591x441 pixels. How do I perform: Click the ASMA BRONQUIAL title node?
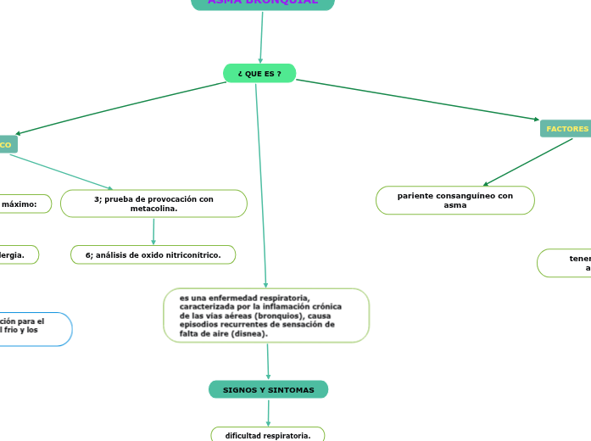pos(263,3)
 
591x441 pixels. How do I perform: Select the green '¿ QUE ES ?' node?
pos(259,74)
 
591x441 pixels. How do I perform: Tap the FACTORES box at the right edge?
pos(566,129)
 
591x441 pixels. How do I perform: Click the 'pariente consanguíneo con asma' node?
pos(455,200)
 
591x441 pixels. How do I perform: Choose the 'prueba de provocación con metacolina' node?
pos(153,204)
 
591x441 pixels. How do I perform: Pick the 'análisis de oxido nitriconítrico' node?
pos(153,254)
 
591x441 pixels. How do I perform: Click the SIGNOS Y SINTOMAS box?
pos(268,390)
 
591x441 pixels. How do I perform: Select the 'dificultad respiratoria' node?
pos(268,435)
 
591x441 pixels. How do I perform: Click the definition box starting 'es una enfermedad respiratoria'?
pos(266,315)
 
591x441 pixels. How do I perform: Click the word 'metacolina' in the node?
pos(153,209)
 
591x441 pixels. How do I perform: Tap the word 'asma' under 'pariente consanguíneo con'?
pos(455,205)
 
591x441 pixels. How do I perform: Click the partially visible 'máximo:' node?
pos(25,204)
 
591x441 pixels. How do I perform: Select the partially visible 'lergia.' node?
pos(18,254)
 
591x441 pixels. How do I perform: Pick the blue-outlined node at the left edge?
pos(34,329)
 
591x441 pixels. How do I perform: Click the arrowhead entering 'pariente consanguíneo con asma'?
pos(484,184)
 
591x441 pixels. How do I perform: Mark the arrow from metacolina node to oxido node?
pos(153,232)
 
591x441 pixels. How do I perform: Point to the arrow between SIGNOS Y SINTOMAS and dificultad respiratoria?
pos(269,413)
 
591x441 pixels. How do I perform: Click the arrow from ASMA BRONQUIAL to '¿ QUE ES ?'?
pos(262,37)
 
